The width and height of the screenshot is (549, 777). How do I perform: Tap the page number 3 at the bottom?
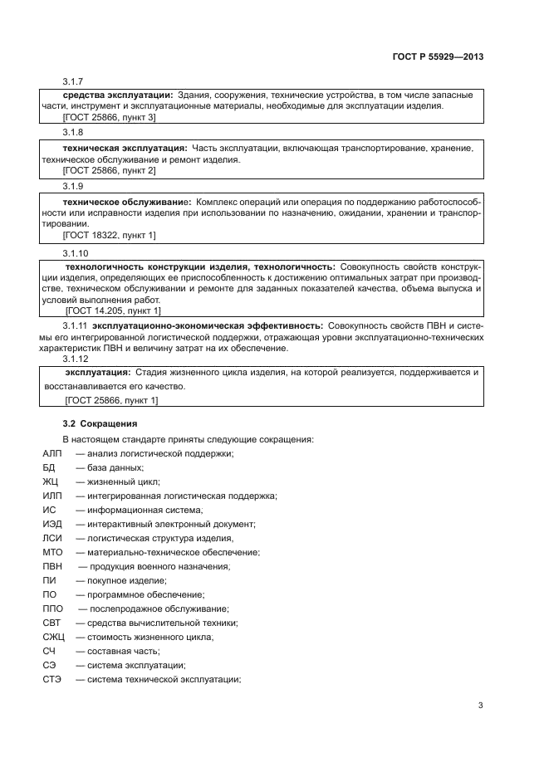click(480, 706)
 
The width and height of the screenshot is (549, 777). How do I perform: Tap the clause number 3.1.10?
click(76, 252)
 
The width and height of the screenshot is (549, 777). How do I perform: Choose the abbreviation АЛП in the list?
click(51, 452)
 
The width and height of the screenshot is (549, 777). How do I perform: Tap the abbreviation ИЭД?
click(51, 524)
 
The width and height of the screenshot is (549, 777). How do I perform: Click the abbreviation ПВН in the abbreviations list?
click(52, 566)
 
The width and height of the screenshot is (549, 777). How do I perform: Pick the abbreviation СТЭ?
click(51, 679)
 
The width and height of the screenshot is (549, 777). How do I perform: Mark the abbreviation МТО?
click(52, 552)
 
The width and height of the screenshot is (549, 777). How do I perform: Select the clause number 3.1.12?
click(76, 359)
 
